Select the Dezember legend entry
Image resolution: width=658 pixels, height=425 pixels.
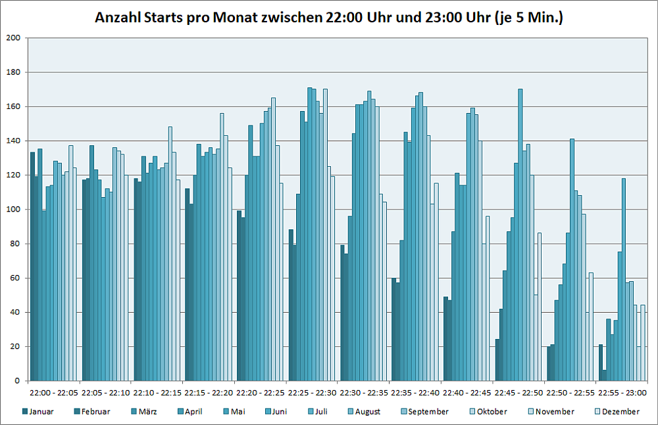pyautogui.click(x=620, y=412)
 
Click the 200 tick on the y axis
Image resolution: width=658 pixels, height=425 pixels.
pyautogui.click(x=13, y=38)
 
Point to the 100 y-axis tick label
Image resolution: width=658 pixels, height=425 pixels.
pyautogui.click(x=13, y=210)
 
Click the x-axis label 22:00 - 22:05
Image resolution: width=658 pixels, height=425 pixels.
pyautogui.click(x=53, y=393)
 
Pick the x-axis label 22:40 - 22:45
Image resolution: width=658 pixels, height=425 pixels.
pyautogui.click(x=467, y=393)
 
